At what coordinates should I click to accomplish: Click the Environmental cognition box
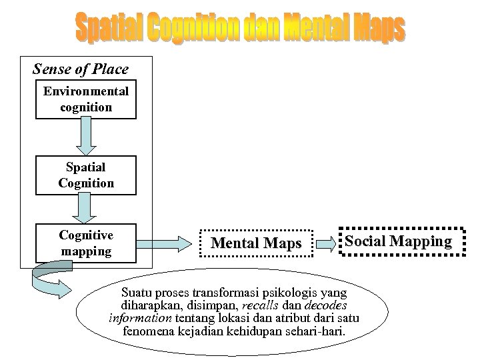click(x=86, y=99)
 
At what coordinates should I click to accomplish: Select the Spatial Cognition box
click(x=86, y=175)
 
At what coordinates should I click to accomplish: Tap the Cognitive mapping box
click(x=86, y=243)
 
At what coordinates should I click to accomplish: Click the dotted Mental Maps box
click(x=256, y=243)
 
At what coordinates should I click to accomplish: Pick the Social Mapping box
click(x=397, y=241)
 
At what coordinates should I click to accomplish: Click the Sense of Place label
click(x=81, y=69)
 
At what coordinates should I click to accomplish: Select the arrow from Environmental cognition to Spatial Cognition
click(x=86, y=137)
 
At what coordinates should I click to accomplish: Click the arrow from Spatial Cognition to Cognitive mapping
click(x=86, y=209)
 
